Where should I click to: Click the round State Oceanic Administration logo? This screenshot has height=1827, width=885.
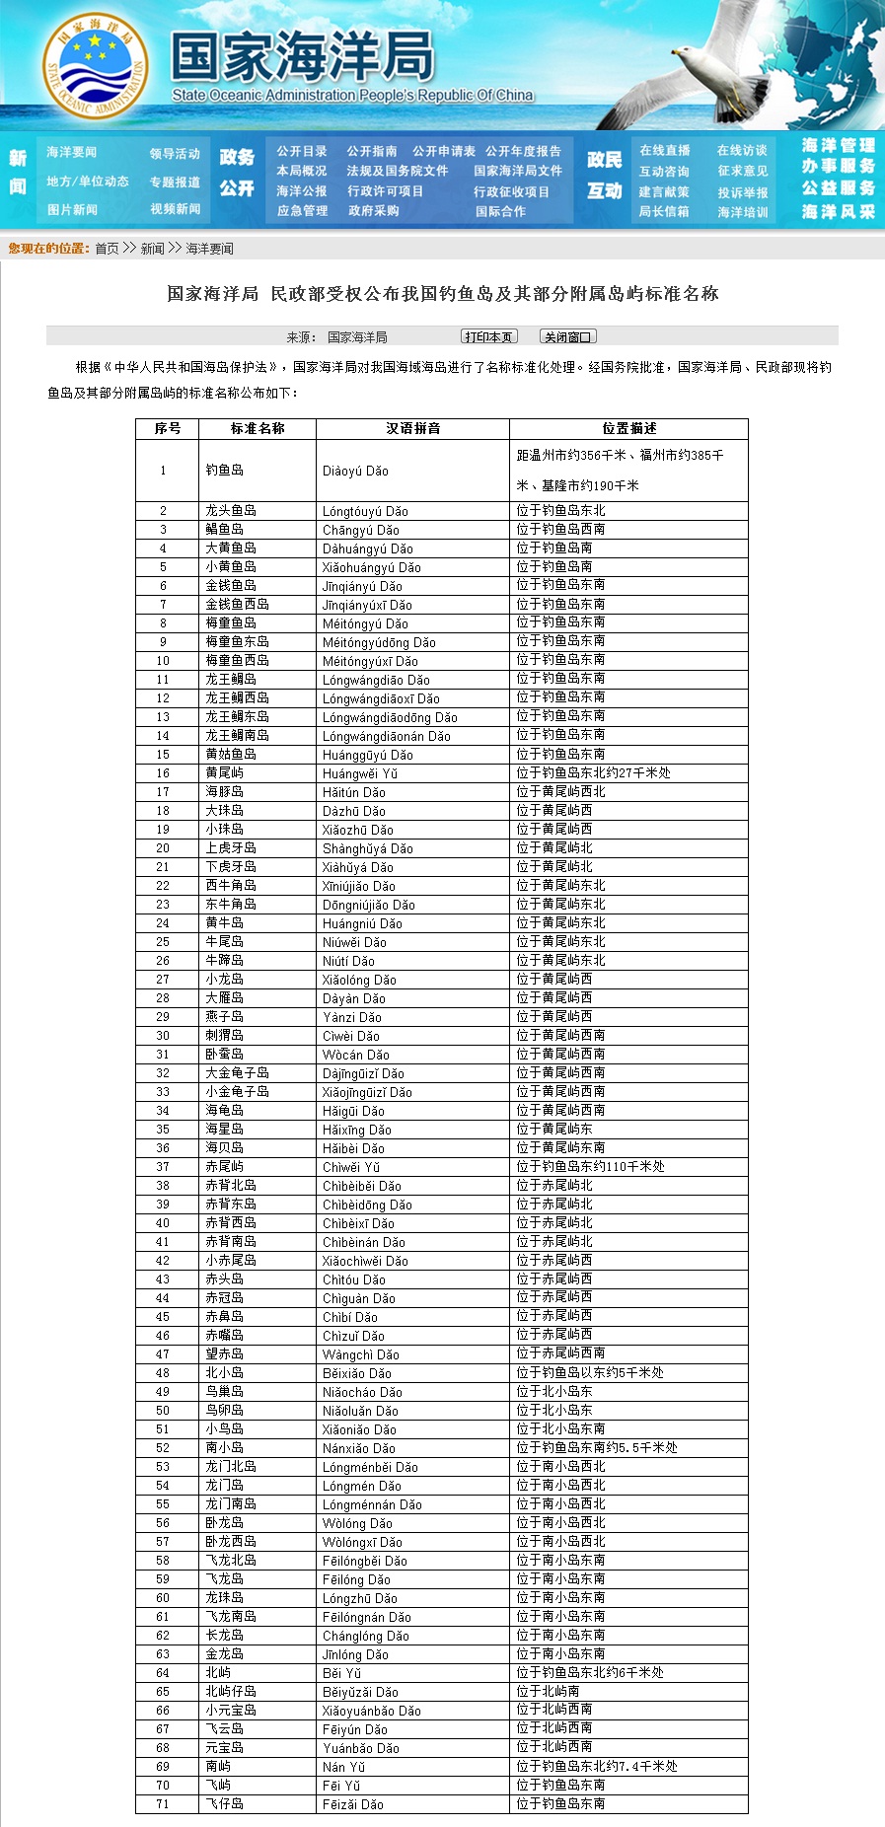[x=96, y=65]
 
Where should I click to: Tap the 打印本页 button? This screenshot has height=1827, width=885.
[x=488, y=337]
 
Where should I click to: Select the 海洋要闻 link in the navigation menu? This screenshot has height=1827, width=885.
[x=72, y=152]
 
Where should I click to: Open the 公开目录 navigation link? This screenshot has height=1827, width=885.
[x=302, y=151]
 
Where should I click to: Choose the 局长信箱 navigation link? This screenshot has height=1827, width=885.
[x=664, y=212]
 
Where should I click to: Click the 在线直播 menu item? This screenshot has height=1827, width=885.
[x=665, y=151]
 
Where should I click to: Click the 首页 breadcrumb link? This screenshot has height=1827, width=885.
[x=107, y=249]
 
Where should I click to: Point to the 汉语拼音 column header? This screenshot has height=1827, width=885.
[x=412, y=429]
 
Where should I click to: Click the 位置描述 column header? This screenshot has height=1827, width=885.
[x=628, y=429]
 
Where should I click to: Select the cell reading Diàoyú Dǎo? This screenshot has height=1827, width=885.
[x=355, y=472]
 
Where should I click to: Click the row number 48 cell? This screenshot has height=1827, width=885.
[x=163, y=1373]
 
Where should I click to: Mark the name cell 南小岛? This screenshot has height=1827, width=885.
[x=224, y=1448]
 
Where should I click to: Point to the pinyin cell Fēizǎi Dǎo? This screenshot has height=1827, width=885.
[x=352, y=1804]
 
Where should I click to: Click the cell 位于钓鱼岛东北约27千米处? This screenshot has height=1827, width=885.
[x=593, y=773]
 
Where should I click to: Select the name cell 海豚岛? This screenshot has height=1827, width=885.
[x=224, y=792]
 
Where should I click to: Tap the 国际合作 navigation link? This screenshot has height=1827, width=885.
[x=500, y=211]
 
